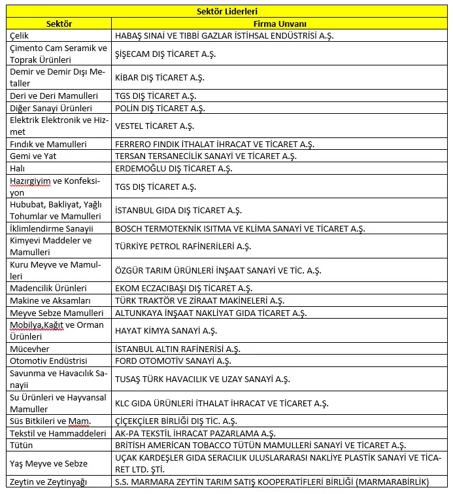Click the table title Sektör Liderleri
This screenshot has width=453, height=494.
(226, 11)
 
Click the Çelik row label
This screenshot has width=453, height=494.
(20, 36)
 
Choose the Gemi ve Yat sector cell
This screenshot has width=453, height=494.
(34, 156)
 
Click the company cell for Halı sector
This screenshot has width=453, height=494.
(173, 168)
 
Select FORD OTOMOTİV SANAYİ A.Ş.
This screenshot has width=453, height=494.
(173, 361)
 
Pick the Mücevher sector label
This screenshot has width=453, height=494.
(29, 349)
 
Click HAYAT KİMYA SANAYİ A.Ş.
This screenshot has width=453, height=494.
(165, 330)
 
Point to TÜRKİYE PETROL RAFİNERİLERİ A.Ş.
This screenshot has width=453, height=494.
(183, 246)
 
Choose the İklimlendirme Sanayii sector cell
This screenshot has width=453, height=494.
(52, 228)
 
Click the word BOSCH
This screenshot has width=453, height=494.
(129, 228)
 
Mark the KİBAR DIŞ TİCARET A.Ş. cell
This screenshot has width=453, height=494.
(159, 77)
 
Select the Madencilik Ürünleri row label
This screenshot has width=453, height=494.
(48, 288)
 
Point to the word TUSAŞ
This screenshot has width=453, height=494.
(128, 379)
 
